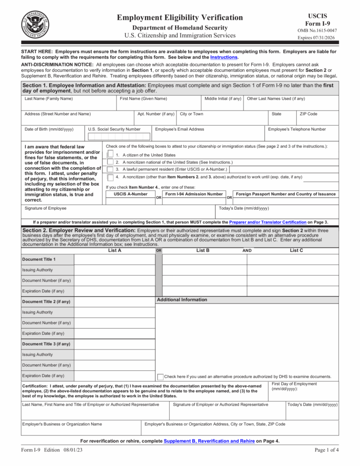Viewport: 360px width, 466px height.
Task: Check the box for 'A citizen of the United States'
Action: click(x=110, y=154)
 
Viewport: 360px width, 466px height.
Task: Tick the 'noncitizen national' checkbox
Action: click(x=110, y=162)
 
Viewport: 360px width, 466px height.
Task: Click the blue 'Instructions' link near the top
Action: click(x=223, y=57)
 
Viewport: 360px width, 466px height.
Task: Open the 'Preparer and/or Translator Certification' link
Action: click(x=268, y=222)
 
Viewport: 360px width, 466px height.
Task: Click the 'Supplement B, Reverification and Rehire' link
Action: click(x=209, y=441)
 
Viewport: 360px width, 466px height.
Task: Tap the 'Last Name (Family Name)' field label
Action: click(x=48, y=99)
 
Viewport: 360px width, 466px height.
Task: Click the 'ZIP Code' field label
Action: click(x=308, y=114)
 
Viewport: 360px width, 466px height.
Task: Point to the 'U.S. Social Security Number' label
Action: click(x=114, y=129)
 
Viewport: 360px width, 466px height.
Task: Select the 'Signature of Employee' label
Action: click(x=46, y=208)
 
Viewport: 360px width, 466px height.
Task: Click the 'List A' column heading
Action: click(x=114, y=250)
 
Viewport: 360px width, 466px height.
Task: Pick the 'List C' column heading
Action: click(x=296, y=250)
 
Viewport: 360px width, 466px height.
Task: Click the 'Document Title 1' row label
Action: click(x=39, y=259)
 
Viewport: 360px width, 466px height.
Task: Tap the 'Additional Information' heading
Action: click(x=182, y=299)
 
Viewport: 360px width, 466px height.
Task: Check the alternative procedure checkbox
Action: click(x=160, y=377)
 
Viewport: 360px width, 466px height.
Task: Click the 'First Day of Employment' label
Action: click(x=294, y=384)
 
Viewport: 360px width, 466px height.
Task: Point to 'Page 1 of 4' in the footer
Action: click(x=326, y=451)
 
